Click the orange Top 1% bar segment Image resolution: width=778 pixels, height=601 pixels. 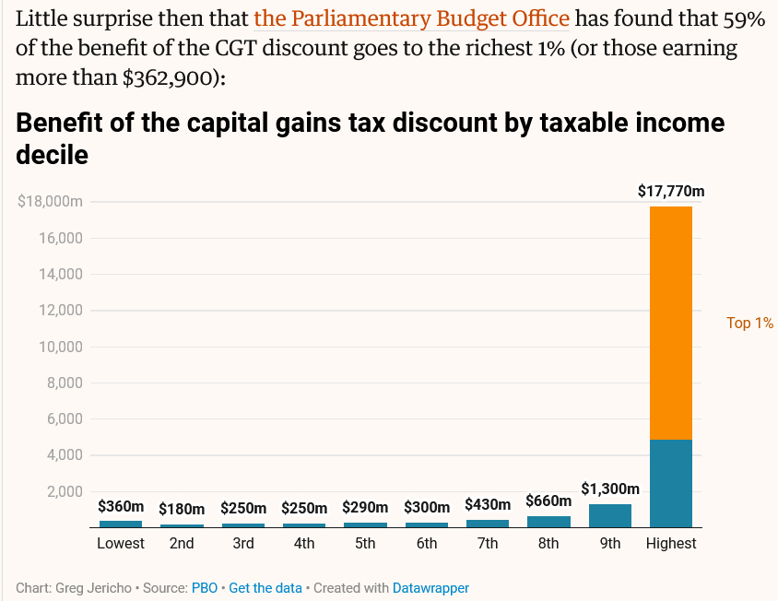[x=671, y=323]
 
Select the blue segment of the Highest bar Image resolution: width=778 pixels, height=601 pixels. [x=671, y=483]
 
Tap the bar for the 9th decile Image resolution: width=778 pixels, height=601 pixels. [x=610, y=515]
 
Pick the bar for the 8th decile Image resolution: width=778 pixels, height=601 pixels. [x=548, y=522]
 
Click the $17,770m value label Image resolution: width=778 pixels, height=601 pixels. [x=671, y=192]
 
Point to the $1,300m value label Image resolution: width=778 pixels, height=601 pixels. [x=610, y=489]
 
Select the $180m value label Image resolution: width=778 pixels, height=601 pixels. [x=182, y=509]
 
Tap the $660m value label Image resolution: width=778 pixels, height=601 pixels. [x=548, y=501]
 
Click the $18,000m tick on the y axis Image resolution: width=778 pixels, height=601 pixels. [x=51, y=202]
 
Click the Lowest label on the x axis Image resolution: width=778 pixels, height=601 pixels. [x=121, y=544]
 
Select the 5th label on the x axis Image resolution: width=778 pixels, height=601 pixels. [x=365, y=544]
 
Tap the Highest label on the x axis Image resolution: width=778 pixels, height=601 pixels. [x=671, y=544]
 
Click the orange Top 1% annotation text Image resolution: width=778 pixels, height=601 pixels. [x=749, y=324]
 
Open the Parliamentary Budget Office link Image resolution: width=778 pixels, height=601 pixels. [x=411, y=18]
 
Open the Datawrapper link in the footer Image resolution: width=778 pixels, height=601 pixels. [x=430, y=587]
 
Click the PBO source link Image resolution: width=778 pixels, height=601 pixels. [x=205, y=587]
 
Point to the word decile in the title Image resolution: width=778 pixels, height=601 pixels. [x=53, y=155]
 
